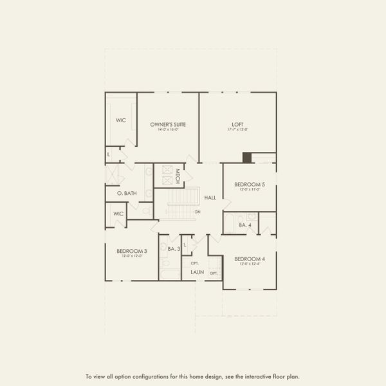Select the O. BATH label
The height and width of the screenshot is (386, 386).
point(127,193)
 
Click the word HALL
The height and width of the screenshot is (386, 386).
point(210,198)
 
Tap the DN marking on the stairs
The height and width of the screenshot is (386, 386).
point(198,212)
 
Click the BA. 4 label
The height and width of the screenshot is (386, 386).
point(244,225)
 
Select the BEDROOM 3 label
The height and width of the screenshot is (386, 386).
point(131,251)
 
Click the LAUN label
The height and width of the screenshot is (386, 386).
point(198,272)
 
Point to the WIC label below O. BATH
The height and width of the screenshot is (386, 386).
point(118,214)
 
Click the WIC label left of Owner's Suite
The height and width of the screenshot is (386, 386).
point(121,120)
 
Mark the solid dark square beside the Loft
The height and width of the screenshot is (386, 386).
point(246,158)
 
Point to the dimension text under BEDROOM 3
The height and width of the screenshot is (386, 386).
point(131,257)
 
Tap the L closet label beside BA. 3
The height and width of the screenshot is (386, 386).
point(185,245)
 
